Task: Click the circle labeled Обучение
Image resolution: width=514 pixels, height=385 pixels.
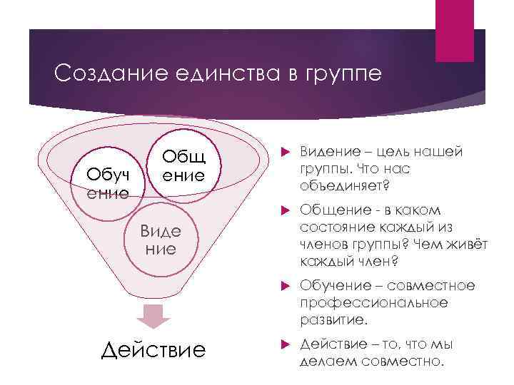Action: pos(108,182)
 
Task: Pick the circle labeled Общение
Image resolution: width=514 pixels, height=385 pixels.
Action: pos(181,166)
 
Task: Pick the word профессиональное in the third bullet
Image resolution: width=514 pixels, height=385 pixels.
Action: pos(373,302)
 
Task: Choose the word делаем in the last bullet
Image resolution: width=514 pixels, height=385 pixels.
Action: pos(328,361)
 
